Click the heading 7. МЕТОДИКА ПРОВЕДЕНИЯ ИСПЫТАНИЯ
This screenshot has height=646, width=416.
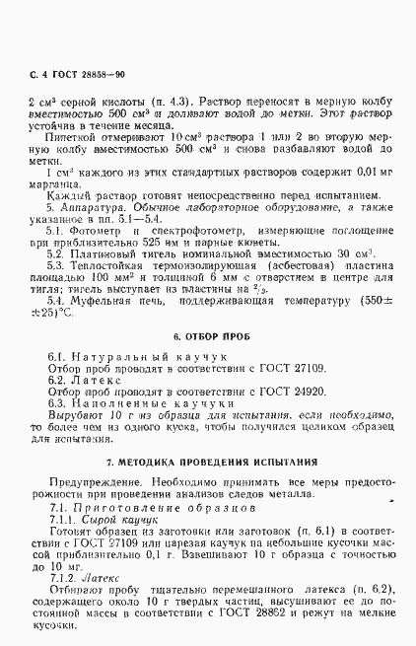(x=211, y=462)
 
